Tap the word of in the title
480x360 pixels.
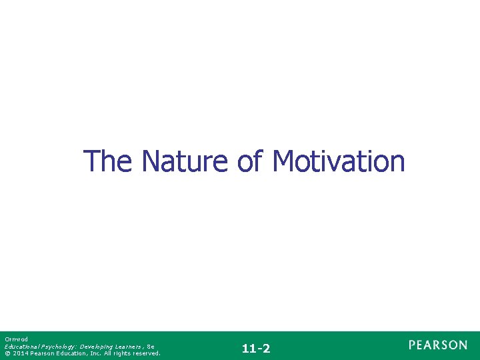coord(250,161)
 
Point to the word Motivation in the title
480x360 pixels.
coord(338,161)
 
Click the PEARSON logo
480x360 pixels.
coord(438,345)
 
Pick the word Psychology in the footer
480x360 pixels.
coord(59,347)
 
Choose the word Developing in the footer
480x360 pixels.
coord(97,347)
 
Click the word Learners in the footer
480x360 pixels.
coord(127,347)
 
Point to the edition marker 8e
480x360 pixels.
coord(150,347)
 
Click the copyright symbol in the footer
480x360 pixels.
coord(7,353)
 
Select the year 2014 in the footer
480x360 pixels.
coord(20,353)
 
